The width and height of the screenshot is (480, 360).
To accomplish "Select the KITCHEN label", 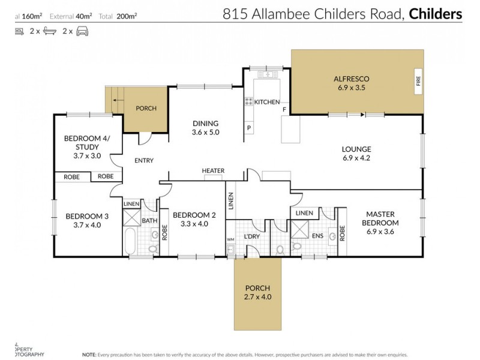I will point(267,102).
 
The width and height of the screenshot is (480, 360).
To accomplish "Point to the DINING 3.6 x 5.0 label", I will point(205,128).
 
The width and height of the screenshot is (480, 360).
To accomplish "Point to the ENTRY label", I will point(144,160).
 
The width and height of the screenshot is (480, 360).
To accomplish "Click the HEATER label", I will point(213,171).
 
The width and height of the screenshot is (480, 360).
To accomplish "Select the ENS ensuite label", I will point(317,236).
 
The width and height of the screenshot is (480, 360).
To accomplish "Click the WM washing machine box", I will point(230,240).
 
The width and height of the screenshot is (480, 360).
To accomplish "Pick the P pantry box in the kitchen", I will point(248,128).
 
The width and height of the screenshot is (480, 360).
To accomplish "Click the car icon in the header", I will point(82,32).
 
